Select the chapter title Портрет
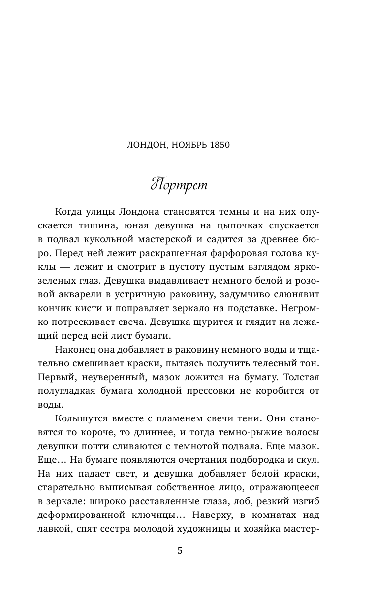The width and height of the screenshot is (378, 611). point(179,185)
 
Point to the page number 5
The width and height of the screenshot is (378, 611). point(180,550)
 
